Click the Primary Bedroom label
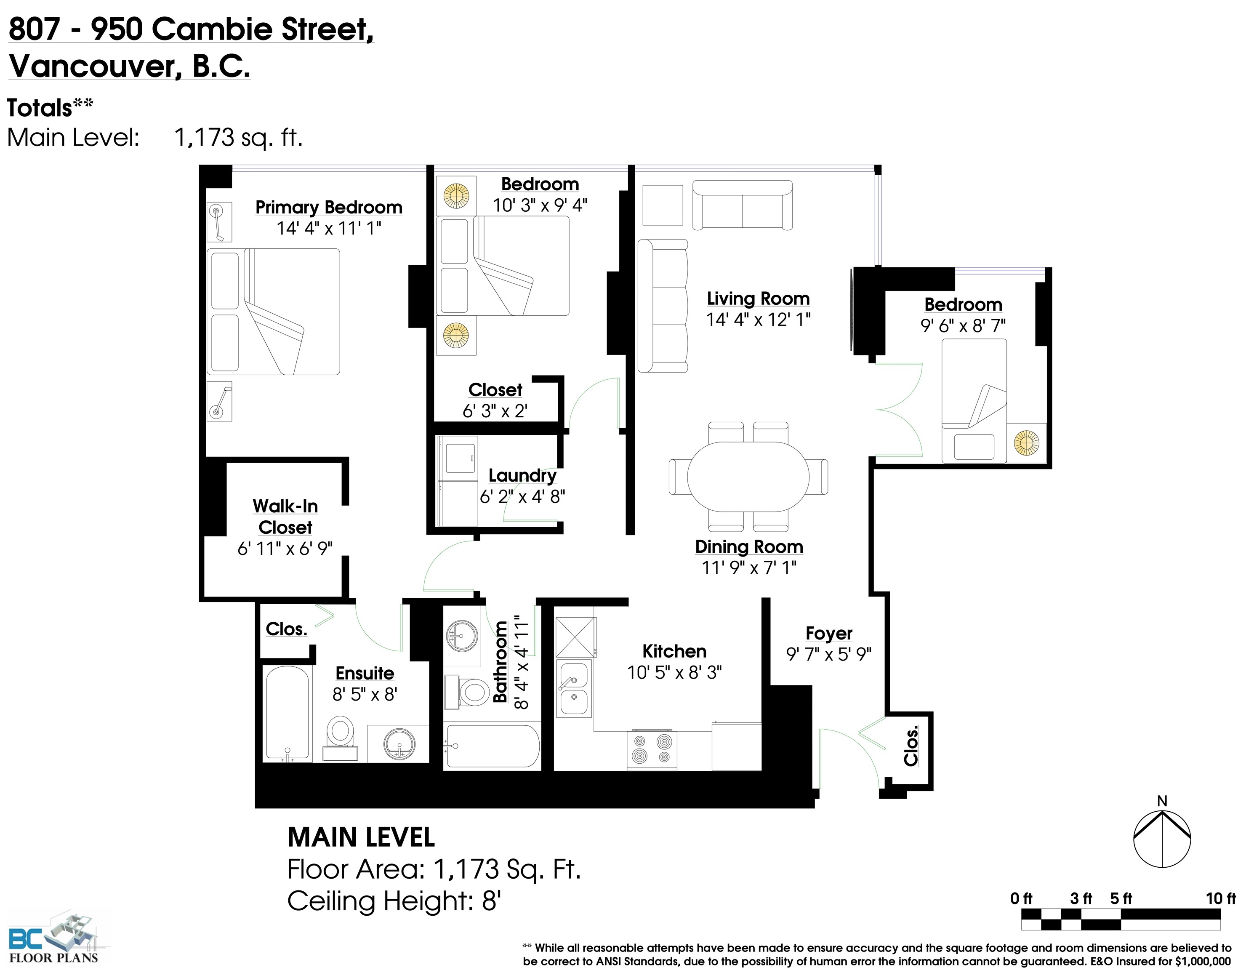(328, 207)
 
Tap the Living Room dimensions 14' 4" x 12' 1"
(758, 319)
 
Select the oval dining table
(748, 477)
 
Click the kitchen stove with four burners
(652, 749)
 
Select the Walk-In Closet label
(285, 516)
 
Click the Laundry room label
(522, 475)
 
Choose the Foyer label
(828, 633)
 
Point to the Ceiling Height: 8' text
(394, 901)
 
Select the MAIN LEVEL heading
(361, 837)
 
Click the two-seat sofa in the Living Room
(743, 205)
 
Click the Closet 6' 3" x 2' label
(495, 400)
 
